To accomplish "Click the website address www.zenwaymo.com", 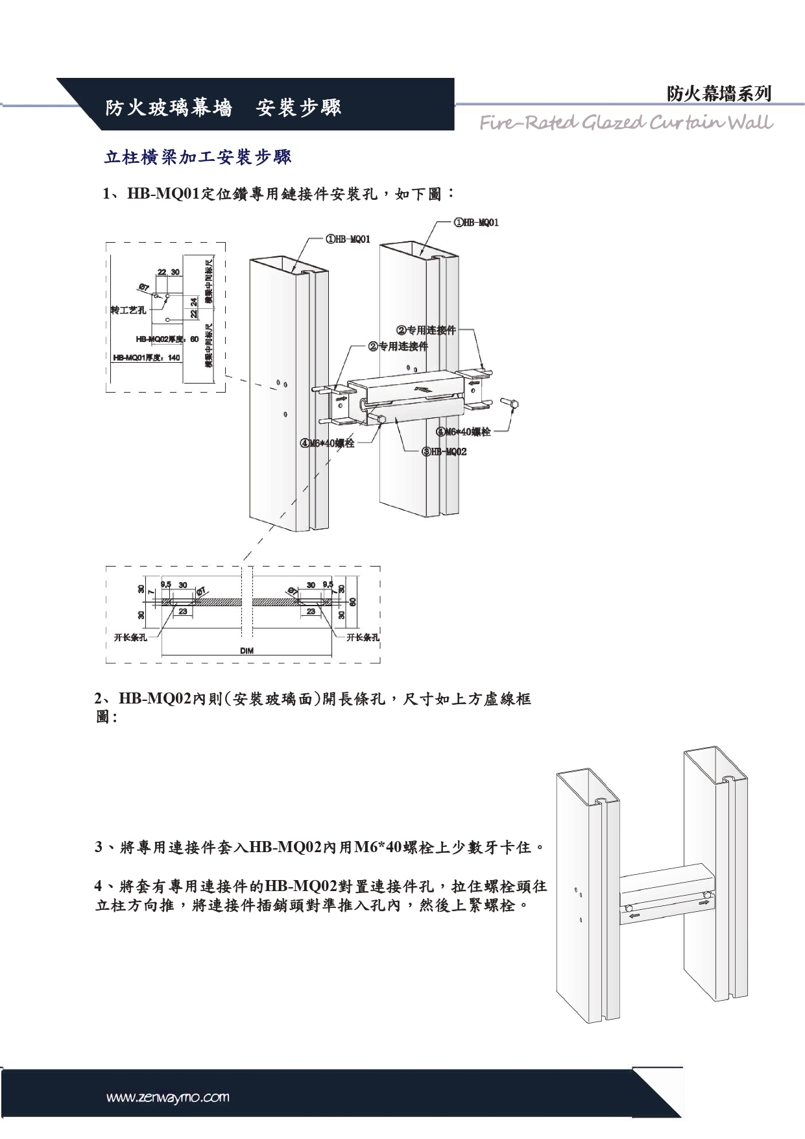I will tap(167, 1098).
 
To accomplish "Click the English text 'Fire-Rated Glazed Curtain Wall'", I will tap(626, 122).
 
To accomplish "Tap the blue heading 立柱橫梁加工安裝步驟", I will tap(198, 156).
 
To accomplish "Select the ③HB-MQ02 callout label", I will tap(444, 451).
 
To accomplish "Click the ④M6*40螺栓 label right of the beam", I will tap(463, 432).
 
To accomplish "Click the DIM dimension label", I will tap(246, 650).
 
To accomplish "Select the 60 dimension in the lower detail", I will tap(352, 602).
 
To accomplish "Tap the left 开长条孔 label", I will tap(130, 637).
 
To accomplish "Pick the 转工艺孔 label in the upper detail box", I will tap(128, 310).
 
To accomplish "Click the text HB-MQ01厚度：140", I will tap(147, 358).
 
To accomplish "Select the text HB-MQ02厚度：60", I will tap(167, 339).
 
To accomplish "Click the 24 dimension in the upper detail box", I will tap(194, 301).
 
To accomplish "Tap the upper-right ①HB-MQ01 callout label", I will tap(476, 223).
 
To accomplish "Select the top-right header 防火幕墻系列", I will tap(719, 93).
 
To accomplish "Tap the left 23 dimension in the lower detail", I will tap(183, 611).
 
